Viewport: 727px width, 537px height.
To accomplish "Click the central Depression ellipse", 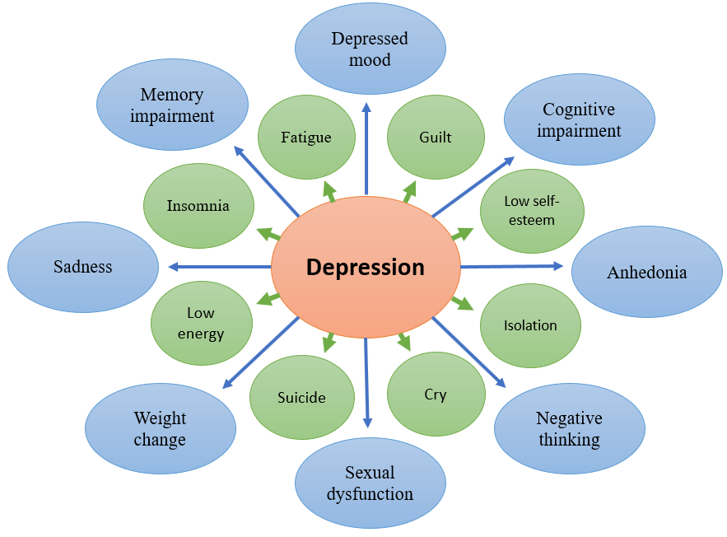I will [366, 267].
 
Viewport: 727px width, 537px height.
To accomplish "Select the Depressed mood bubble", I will [370, 49].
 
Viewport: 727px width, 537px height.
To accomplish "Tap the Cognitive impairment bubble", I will [580, 119].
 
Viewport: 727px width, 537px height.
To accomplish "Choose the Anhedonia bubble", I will [646, 272].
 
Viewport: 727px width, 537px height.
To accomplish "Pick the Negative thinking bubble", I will [570, 428].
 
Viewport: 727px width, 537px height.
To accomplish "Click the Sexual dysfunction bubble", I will [370, 483].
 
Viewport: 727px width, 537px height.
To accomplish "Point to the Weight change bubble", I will [160, 428].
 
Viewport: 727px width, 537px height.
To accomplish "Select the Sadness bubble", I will [83, 266].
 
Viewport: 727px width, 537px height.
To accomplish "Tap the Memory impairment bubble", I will [172, 105].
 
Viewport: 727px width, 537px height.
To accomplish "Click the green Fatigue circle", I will [306, 137].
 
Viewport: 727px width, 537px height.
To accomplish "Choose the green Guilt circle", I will [436, 137].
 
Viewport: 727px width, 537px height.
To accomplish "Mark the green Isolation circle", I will [530, 325].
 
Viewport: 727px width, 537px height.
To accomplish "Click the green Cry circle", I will [436, 395].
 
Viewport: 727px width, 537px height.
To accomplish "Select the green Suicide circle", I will [301, 397].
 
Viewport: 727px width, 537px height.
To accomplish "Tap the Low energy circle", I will [201, 323].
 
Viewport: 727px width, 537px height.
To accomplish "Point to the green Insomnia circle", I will [198, 206].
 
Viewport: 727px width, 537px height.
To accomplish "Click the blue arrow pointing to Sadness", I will [218, 266].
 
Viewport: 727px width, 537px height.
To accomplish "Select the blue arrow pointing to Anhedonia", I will [510, 266].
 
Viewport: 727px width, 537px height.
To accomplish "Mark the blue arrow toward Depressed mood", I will [366, 148].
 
